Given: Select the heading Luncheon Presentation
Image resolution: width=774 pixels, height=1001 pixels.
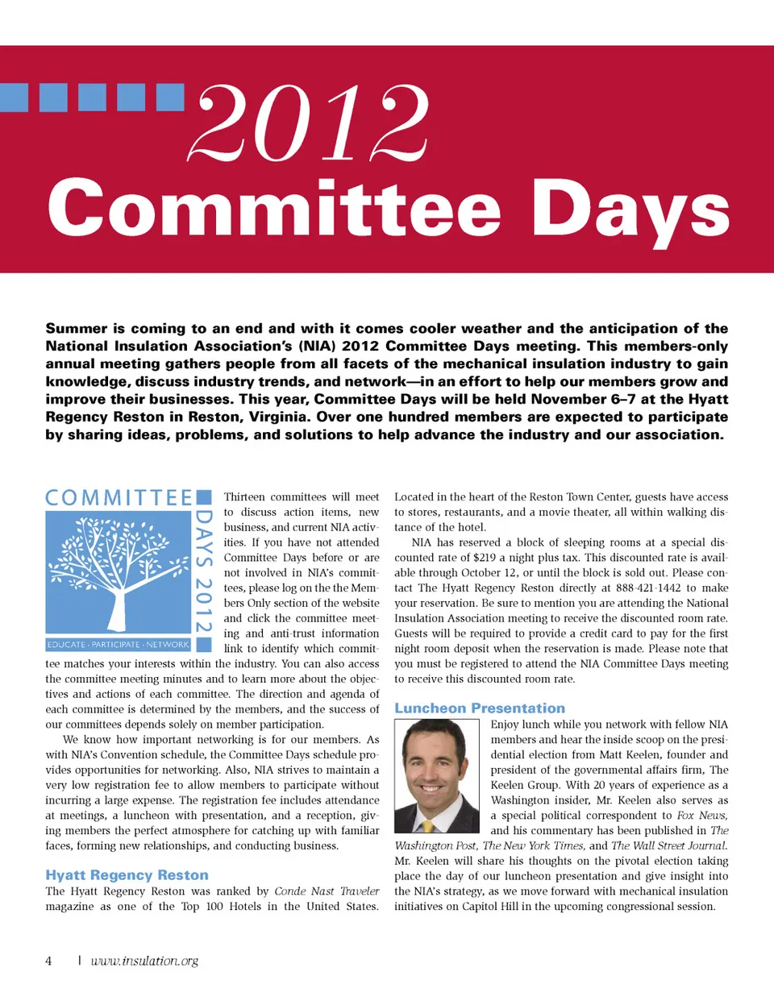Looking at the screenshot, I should click(x=480, y=708).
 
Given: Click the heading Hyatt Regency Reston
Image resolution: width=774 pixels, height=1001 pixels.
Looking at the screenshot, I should click(x=127, y=875).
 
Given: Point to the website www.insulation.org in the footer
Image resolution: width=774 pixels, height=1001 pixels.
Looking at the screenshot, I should click(x=144, y=961).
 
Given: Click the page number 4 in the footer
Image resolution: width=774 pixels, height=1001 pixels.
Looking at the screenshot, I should click(x=48, y=961).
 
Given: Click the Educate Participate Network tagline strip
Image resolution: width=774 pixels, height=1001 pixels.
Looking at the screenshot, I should click(x=118, y=645).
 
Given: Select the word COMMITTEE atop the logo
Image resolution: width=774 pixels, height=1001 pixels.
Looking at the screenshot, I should click(x=119, y=498).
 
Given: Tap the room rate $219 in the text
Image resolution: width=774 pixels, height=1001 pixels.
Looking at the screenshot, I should click(x=485, y=558).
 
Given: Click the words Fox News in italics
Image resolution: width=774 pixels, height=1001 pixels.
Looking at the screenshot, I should click(x=702, y=816).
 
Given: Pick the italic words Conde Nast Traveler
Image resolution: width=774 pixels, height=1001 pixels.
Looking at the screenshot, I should click(x=327, y=891).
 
